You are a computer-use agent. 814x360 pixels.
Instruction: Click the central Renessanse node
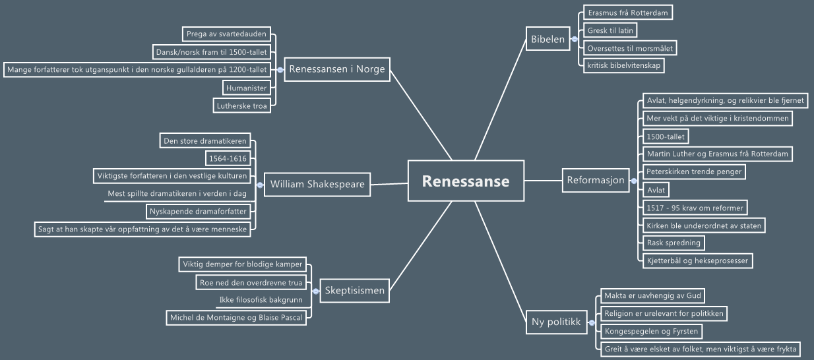point(466,181)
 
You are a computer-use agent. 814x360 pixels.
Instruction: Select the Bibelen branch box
point(548,39)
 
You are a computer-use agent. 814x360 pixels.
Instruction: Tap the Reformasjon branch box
point(596,180)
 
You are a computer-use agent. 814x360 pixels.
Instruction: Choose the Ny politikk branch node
point(555,322)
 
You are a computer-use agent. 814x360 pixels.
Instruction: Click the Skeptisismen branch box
point(354,290)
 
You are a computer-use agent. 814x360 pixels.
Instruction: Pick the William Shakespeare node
point(317,184)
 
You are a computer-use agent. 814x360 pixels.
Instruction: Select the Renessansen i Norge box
point(336,69)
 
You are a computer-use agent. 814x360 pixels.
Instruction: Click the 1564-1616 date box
point(228,158)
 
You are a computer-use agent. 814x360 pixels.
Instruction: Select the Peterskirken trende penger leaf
point(694,171)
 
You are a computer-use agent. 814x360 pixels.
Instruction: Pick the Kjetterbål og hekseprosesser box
point(698,260)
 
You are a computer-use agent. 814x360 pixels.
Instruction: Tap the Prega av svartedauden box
point(226,34)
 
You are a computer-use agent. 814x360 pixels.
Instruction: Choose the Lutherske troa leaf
point(241,105)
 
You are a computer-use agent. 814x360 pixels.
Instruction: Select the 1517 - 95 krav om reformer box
point(695,208)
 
